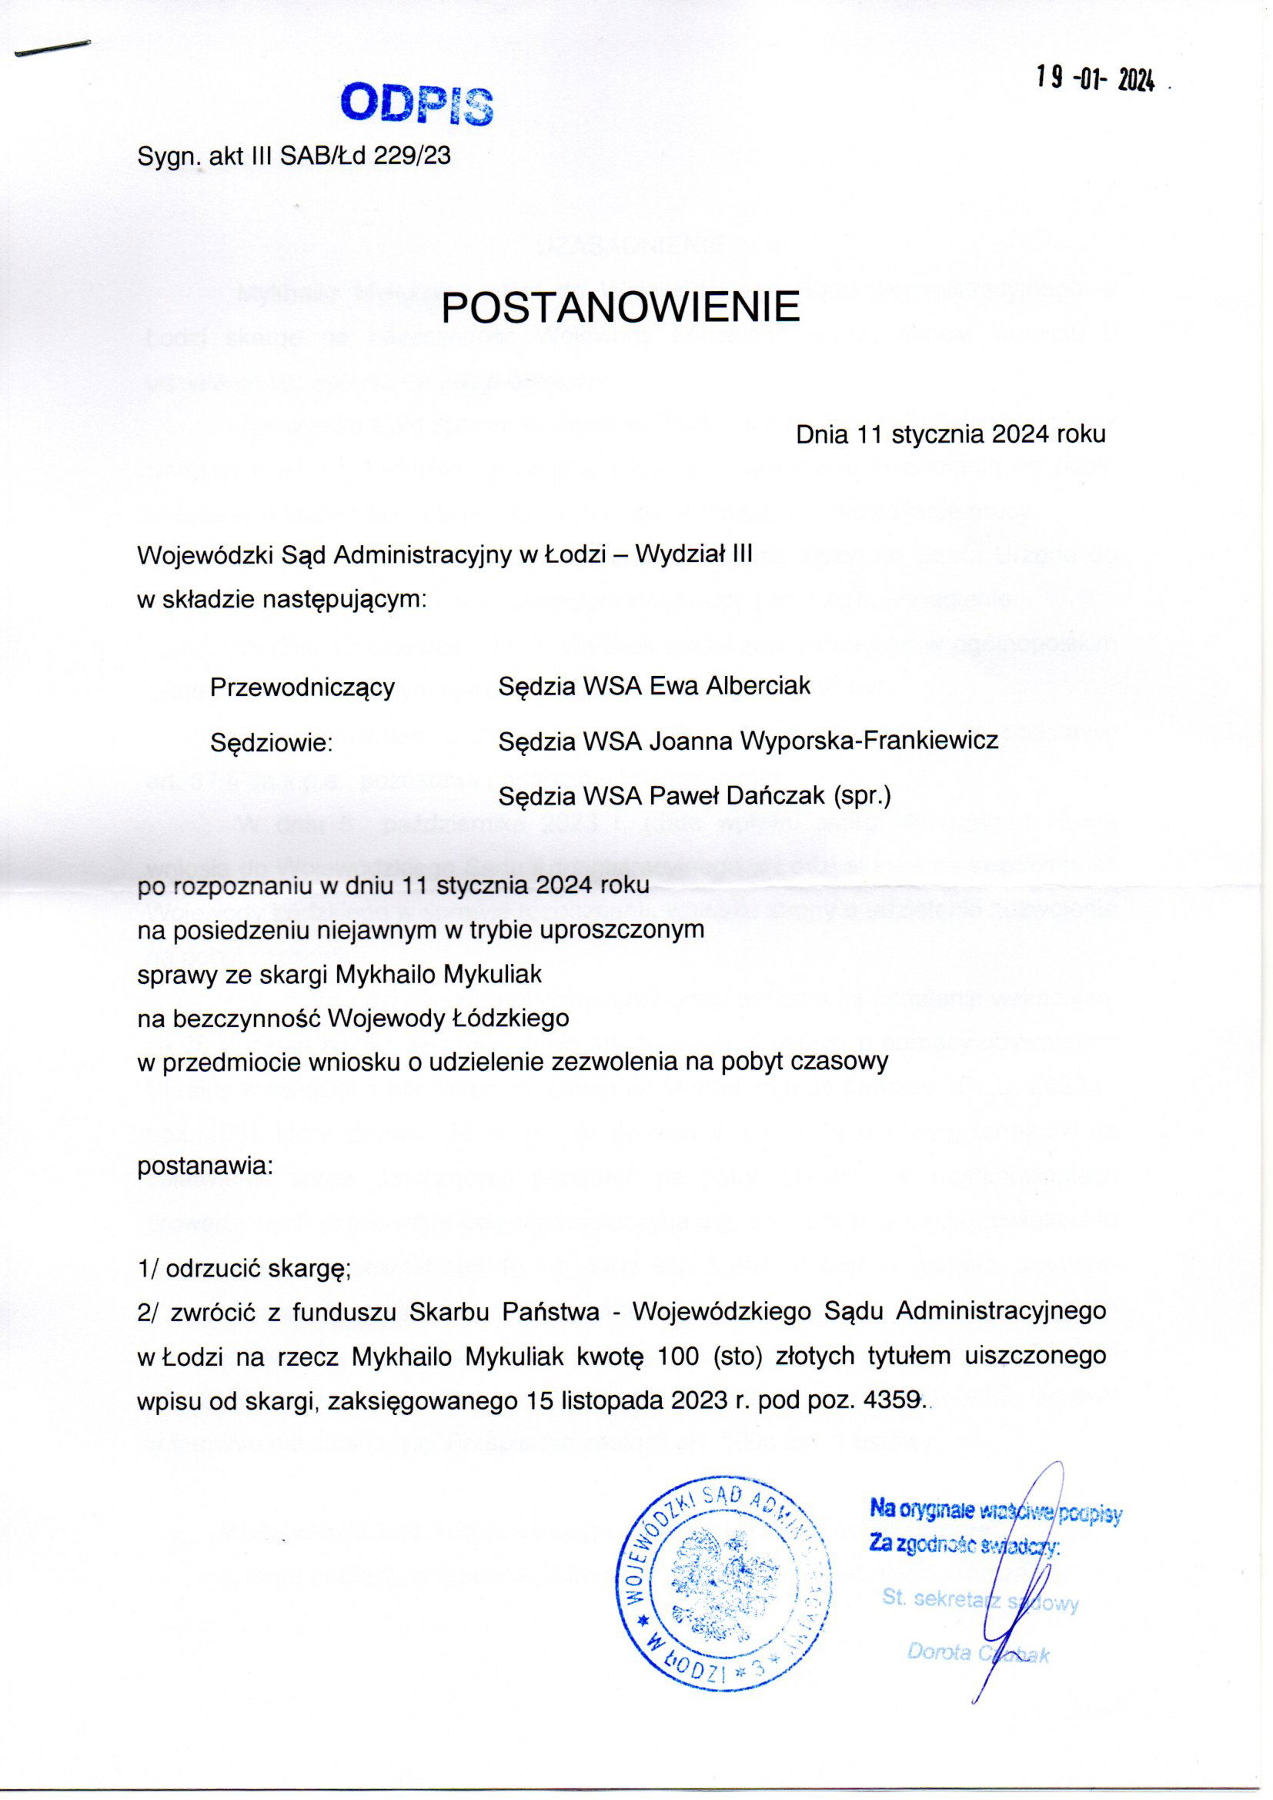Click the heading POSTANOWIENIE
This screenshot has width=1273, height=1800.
tap(620, 307)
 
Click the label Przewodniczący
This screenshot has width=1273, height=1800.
tap(302, 687)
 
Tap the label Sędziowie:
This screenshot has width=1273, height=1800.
tap(272, 741)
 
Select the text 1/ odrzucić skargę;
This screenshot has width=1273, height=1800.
tap(244, 1270)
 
